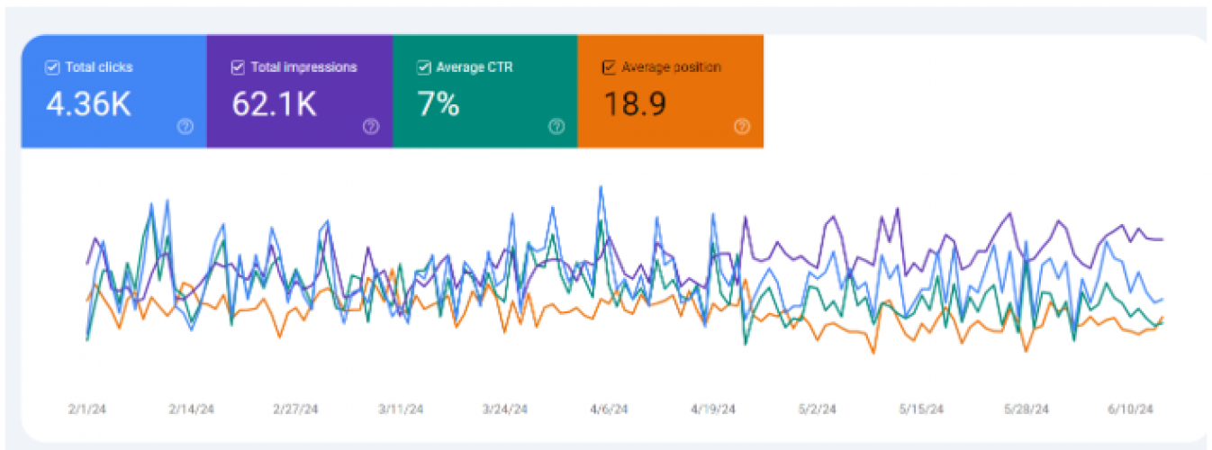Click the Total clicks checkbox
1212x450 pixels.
point(52,67)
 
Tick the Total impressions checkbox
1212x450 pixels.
point(238,67)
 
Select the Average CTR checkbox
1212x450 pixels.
point(423,67)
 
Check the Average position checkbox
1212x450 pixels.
point(609,67)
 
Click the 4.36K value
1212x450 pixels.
point(88,104)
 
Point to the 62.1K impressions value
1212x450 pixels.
point(274,104)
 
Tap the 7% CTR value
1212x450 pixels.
point(438,104)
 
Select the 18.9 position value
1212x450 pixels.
point(634,104)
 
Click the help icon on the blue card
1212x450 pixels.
point(185,127)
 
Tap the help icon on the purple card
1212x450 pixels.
point(370,127)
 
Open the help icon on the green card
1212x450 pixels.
point(556,127)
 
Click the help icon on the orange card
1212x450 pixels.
point(741,127)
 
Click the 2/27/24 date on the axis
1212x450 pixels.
point(295,409)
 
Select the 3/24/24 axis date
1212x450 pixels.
point(504,409)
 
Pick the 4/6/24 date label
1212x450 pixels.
point(609,409)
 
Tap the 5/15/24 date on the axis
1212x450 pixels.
point(922,409)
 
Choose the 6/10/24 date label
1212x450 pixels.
point(1131,409)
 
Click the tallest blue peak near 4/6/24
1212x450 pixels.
point(601,188)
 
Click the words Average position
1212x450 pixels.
point(671,67)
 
